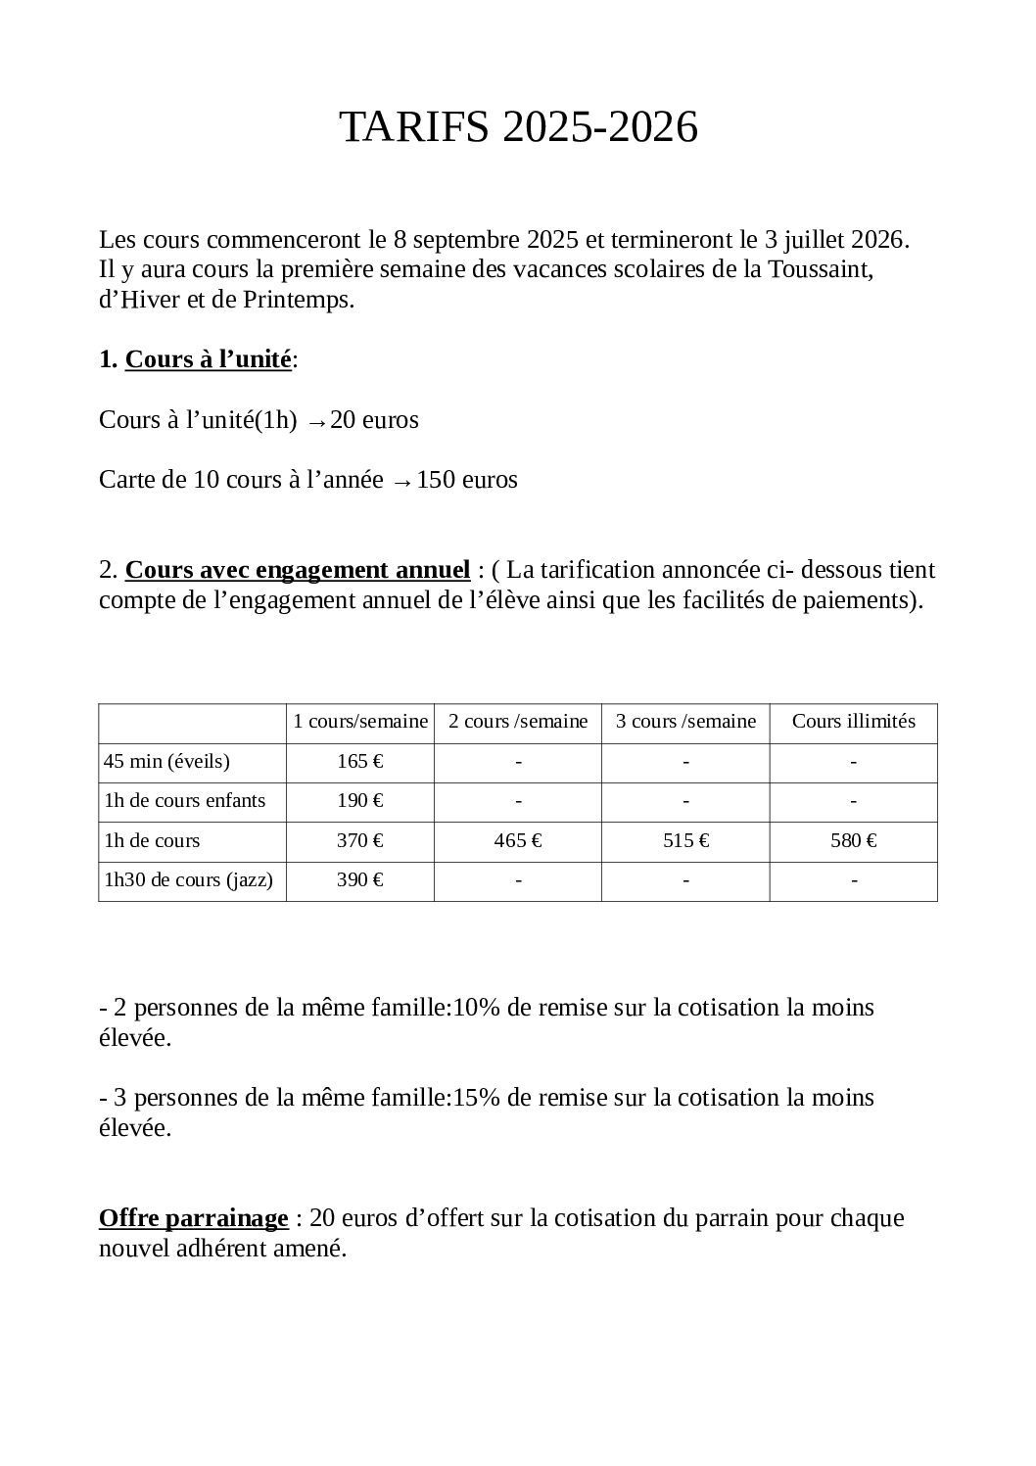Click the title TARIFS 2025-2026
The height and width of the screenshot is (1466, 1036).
[x=518, y=128]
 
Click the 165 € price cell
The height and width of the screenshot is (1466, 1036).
[x=359, y=762]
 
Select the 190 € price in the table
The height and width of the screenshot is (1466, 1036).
[x=359, y=801]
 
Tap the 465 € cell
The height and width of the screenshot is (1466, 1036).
[x=518, y=841]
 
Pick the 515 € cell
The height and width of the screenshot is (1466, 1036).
[x=685, y=841]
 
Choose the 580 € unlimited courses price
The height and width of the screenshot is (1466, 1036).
[x=853, y=841]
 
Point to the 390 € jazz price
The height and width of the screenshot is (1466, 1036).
[x=359, y=880]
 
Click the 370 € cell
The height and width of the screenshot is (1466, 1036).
[x=359, y=841]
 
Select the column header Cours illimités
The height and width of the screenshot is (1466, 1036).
[x=853, y=722]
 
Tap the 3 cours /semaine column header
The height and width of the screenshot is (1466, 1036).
[x=685, y=722]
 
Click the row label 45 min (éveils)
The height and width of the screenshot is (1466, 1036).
[x=166, y=762]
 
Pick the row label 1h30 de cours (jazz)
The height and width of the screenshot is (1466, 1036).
[x=188, y=880]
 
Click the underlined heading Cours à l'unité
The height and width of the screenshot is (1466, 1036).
[x=208, y=360]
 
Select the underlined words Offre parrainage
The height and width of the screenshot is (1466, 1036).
[x=193, y=1219]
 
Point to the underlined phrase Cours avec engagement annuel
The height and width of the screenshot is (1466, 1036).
[x=298, y=570]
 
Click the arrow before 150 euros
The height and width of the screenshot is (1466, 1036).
[x=400, y=482]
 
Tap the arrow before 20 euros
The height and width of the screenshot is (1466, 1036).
[x=316, y=422]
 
